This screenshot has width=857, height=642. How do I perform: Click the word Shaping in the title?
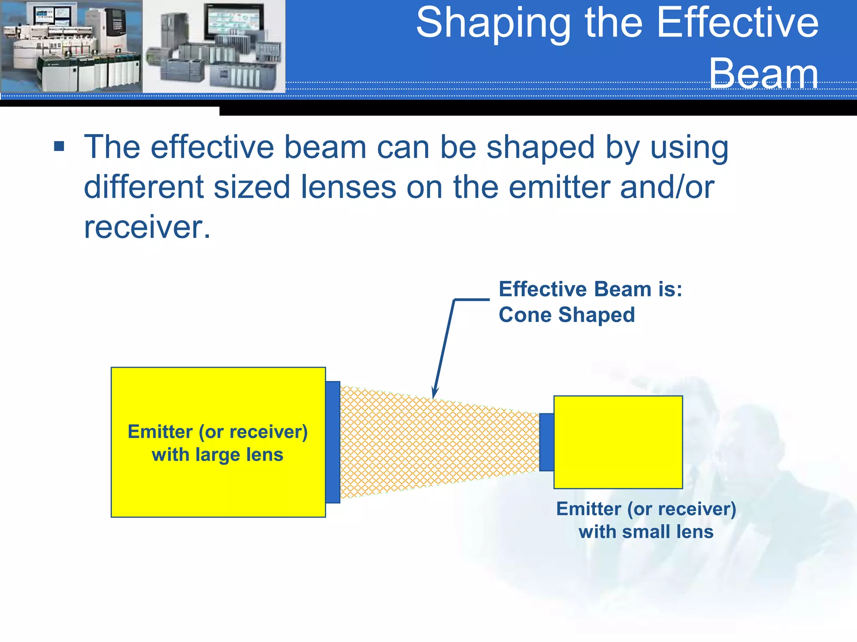[x=494, y=24]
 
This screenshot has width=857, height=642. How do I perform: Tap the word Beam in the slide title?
[x=763, y=74]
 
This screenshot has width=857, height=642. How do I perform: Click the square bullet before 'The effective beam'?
[x=59, y=146]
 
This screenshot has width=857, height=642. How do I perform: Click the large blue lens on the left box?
[x=333, y=442]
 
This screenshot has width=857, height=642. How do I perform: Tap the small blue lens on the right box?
[x=547, y=442]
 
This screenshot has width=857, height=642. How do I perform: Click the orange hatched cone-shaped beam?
[x=435, y=442]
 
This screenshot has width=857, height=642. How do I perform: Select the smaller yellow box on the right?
[x=618, y=442]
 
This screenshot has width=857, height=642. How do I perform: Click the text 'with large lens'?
[x=218, y=455]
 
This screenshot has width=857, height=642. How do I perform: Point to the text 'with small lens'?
[x=646, y=532]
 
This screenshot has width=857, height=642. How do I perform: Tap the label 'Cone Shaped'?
[x=567, y=315]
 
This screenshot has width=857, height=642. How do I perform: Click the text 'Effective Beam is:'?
[x=590, y=289]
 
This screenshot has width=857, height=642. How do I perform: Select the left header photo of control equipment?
[x=71, y=46]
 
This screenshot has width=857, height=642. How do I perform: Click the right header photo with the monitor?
[x=214, y=46]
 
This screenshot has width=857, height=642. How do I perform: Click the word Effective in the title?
[x=737, y=24]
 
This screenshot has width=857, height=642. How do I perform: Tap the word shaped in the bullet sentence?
[x=540, y=147]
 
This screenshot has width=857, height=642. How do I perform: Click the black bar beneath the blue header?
[x=536, y=108]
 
